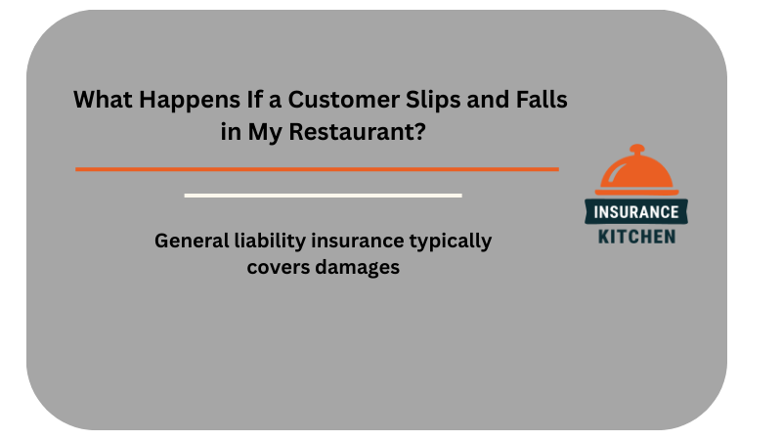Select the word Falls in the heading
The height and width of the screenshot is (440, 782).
[x=539, y=100]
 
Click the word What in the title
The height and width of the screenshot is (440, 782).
[x=100, y=100]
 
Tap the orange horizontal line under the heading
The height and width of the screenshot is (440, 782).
[x=317, y=169]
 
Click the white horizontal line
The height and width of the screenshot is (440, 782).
[x=323, y=196]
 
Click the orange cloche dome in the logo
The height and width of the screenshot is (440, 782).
[x=636, y=174]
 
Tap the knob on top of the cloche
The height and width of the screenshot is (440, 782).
[x=636, y=150]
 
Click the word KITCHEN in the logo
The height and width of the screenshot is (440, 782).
[x=636, y=236]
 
